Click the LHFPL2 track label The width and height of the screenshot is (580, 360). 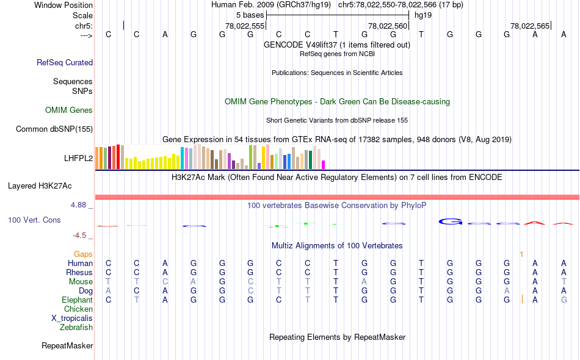click(x=78, y=158)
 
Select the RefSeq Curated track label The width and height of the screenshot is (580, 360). click(x=65, y=62)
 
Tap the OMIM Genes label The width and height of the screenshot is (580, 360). click(x=69, y=110)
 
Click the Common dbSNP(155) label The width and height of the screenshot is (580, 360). click(x=54, y=129)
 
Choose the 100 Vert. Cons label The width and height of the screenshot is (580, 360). click(x=34, y=220)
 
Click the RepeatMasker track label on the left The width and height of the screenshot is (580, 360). click(x=67, y=346)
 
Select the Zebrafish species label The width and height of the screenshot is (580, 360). click(x=76, y=328)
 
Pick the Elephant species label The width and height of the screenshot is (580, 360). click(x=77, y=300)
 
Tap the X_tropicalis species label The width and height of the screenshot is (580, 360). click(x=72, y=319)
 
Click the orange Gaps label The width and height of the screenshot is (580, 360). click(x=83, y=254)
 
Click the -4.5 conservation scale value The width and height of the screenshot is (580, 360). click(x=79, y=236)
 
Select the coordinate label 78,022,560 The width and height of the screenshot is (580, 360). click(x=388, y=26)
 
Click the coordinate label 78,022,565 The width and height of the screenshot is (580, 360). click(x=530, y=26)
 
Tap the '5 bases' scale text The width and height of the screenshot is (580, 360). click(x=250, y=15)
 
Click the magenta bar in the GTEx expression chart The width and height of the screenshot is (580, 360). click(x=324, y=165)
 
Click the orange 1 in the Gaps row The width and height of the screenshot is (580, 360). click(x=521, y=254)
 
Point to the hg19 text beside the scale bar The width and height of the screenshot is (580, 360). click(x=423, y=15)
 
